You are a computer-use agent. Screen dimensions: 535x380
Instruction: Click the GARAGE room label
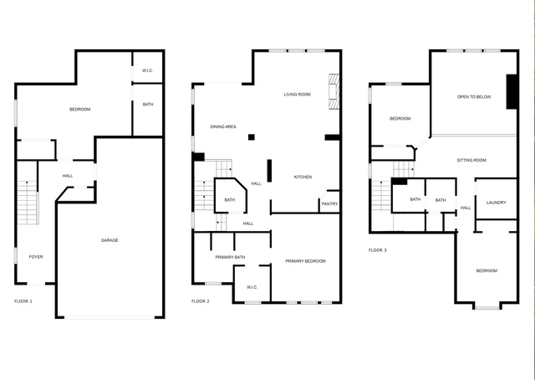click(x=110, y=240)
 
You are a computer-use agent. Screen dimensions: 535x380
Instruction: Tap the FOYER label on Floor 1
click(x=36, y=257)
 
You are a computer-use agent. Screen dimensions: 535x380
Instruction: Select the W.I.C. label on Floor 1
click(x=147, y=71)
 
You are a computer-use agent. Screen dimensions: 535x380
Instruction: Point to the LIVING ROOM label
click(x=298, y=95)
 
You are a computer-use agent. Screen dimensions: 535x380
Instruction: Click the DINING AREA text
click(x=223, y=126)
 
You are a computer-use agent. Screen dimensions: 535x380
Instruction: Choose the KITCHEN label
click(x=303, y=177)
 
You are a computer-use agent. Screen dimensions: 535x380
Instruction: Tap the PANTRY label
click(x=329, y=203)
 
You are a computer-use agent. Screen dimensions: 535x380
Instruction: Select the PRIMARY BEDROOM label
click(x=305, y=261)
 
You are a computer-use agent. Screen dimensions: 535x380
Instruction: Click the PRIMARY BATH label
click(x=230, y=257)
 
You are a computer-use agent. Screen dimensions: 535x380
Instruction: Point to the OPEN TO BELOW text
click(x=474, y=97)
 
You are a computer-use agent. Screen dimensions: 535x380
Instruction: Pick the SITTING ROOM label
click(x=471, y=160)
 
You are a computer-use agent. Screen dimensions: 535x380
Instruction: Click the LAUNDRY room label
click(x=496, y=203)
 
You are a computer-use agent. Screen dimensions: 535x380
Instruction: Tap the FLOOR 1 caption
click(x=23, y=301)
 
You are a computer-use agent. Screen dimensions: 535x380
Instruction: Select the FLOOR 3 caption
click(x=377, y=250)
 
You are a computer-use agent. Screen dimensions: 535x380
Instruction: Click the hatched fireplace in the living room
click(x=334, y=91)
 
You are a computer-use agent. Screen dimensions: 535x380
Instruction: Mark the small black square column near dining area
click(x=252, y=137)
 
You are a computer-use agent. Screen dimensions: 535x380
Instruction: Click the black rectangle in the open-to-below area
click(x=512, y=91)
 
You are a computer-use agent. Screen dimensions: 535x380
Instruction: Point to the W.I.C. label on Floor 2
click(x=252, y=287)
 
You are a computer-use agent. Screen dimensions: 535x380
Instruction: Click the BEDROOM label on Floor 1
click(x=80, y=110)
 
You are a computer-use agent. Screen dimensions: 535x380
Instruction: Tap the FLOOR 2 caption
click(x=201, y=301)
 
